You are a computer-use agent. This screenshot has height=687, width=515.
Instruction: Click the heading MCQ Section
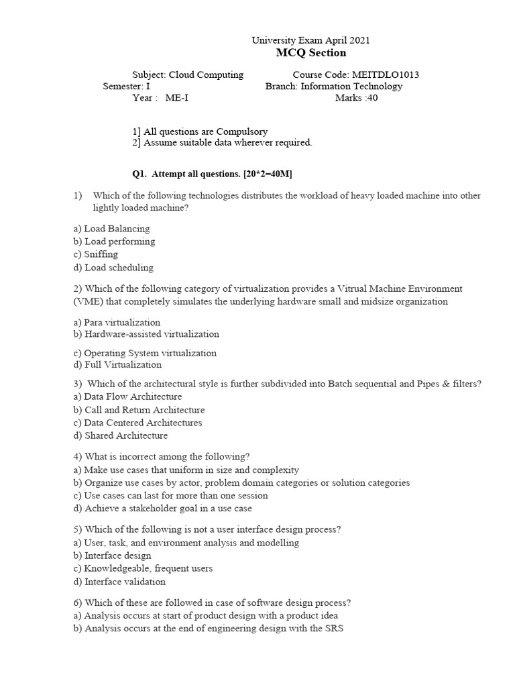coord(310,53)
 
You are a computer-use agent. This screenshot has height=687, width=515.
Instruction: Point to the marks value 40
coord(372,97)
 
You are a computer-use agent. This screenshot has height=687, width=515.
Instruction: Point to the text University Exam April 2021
coord(310,40)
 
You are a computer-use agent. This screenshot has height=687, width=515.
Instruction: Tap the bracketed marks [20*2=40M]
coord(268,174)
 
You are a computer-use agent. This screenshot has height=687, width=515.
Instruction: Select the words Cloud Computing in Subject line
coord(206,74)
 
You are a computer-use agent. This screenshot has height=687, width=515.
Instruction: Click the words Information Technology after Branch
coord(351,86)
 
